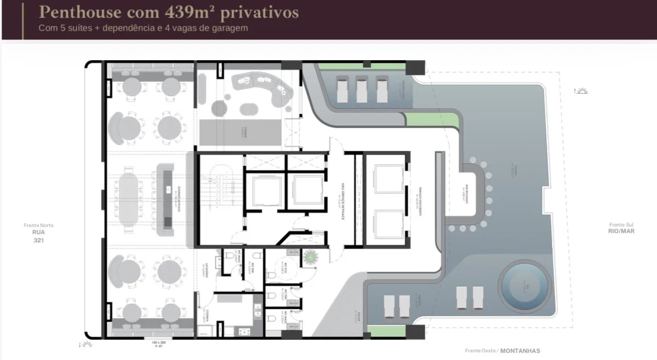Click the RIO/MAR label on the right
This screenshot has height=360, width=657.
(621, 231)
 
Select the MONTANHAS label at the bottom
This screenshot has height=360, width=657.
(522, 351)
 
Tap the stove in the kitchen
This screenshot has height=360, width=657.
(243, 332)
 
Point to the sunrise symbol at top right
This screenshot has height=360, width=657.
(581, 91)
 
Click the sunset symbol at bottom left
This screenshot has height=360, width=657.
(87, 345)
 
